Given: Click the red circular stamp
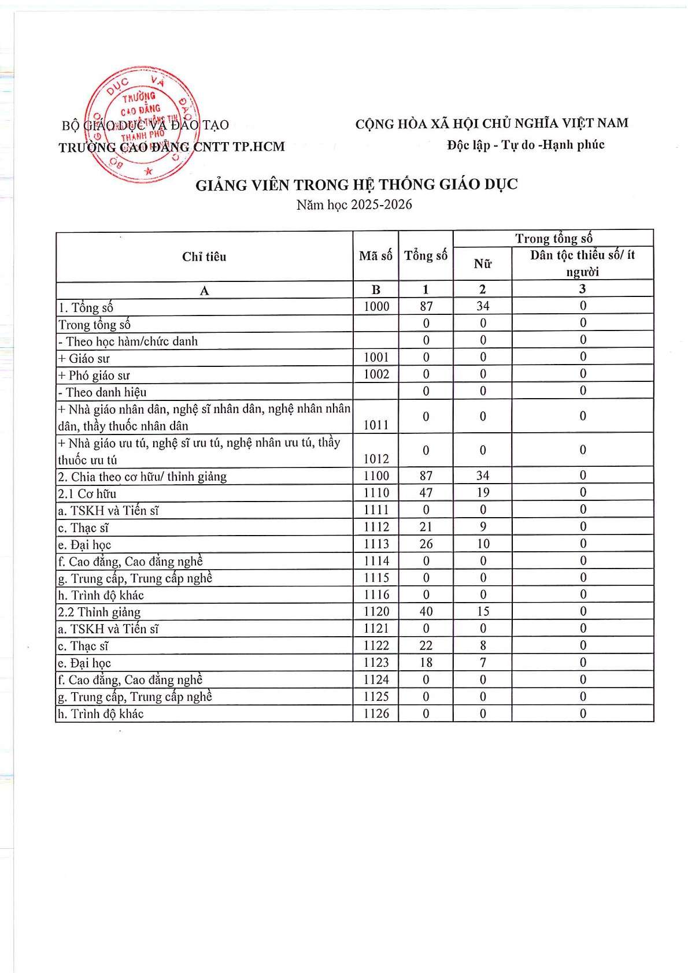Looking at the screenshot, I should tap(142, 124).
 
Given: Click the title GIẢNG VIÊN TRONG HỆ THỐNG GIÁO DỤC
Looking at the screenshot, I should tap(356, 185).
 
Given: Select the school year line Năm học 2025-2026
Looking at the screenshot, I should tap(354, 205).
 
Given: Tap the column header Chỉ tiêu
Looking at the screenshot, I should tap(204, 257).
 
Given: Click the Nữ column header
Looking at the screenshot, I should tap(482, 264).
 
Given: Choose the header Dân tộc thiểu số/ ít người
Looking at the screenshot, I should tap(582, 263).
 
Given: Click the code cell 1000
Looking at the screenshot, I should tap(376, 306).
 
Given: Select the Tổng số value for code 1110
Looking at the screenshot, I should tap(426, 493).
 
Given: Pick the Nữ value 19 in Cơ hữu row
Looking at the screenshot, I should tap(483, 493).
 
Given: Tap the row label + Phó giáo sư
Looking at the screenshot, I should tap(94, 375).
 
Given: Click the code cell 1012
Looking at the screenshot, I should tap(376, 459).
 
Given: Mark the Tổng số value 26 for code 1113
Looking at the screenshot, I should tap(426, 544).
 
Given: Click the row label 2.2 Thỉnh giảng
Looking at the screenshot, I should tap(99, 612).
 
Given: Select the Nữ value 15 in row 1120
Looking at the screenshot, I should tap(483, 611).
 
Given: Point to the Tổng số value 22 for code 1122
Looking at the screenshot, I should tap(426, 645).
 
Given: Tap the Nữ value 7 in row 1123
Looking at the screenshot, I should tap(483, 662).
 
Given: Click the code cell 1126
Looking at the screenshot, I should tap(376, 714).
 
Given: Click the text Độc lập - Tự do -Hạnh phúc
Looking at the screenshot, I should tap(526, 145).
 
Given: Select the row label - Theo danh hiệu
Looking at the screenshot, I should tap(102, 392).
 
